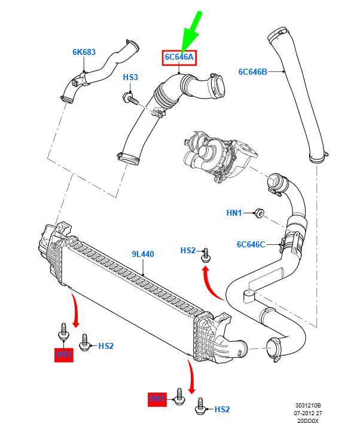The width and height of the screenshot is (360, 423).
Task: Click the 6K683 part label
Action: pyautogui.click(x=84, y=52)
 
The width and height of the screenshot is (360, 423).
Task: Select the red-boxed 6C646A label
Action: pyautogui.click(x=180, y=57)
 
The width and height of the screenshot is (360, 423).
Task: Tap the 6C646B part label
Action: pyautogui.click(x=254, y=72)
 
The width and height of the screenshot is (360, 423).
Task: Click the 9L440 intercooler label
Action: pyautogui.click(x=143, y=254)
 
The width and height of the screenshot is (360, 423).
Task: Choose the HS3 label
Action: pyautogui.click(x=130, y=78)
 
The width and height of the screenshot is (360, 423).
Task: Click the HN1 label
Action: pyautogui.click(x=234, y=213)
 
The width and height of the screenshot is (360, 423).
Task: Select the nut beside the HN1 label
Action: pyautogui.click(x=258, y=212)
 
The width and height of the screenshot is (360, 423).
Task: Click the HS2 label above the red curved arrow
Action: pyautogui.click(x=188, y=251)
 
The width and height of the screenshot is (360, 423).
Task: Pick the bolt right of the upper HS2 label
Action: pyautogui.click(x=206, y=256)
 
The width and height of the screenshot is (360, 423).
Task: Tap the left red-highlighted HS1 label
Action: pyautogui.click(x=64, y=354)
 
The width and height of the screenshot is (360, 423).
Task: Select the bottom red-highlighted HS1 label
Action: pyautogui.click(x=157, y=398)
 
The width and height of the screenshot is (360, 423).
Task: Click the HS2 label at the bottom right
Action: pyautogui.click(x=222, y=409)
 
